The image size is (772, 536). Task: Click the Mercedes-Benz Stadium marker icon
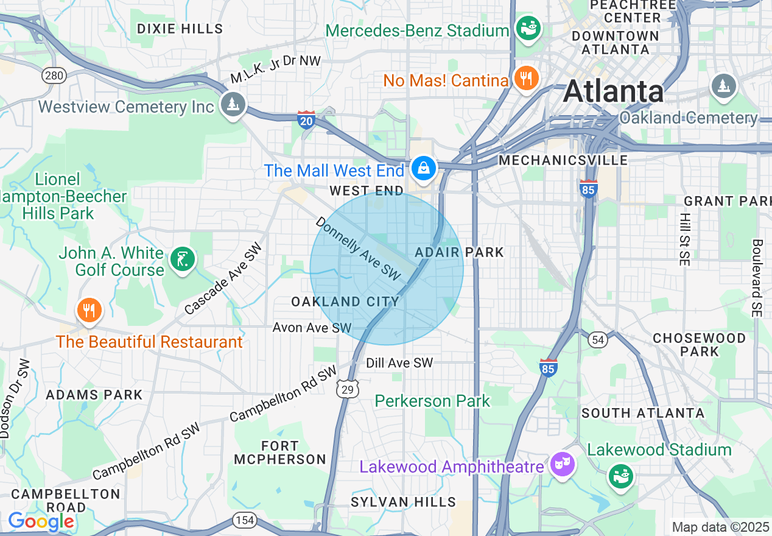(x=527, y=27)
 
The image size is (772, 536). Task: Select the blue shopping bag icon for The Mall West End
(x=423, y=167)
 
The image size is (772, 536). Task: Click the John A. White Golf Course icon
(x=183, y=259)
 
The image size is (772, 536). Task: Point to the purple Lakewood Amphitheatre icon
(x=561, y=464)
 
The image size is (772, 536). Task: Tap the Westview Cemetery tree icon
(x=233, y=104)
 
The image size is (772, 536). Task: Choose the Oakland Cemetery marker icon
(x=724, y=86)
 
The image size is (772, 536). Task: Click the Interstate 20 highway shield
(x=306, y=119)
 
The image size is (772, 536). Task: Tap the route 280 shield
(x=54, y=76)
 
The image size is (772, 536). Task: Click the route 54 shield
(x=598, y=339)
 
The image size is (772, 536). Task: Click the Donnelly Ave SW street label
(x=358, y=249)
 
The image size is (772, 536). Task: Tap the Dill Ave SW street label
(x=399, y=363)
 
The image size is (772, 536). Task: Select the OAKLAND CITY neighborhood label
(x=345, y=301)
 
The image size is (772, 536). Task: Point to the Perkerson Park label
(x=432, y=401)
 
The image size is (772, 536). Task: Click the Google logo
(x=41, y=521)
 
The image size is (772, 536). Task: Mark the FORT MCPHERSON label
(x=280, y=453)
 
